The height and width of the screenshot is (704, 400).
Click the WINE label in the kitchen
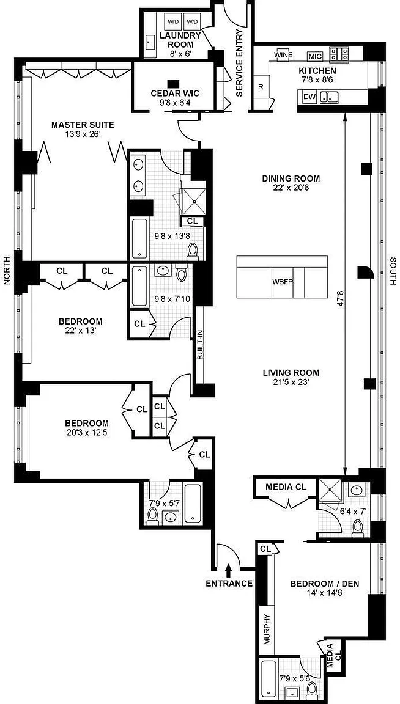point(283,55)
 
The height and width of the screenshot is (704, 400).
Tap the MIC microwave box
point(314,57)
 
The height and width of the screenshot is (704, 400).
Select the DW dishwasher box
point(309,96)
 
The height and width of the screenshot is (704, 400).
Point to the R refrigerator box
point(261,87)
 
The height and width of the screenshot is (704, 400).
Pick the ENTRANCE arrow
point(229,570)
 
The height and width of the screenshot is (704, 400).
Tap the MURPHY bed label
point(267,629)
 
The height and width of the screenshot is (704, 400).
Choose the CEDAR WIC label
point(176,94)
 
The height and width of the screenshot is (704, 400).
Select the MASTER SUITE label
point(83,125)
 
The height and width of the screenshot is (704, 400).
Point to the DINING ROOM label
point(291,178)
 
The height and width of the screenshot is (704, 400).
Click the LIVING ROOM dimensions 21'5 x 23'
point(291,381)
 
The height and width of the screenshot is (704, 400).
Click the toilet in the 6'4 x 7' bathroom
point(358,528)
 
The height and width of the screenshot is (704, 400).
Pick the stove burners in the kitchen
point(340,54)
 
